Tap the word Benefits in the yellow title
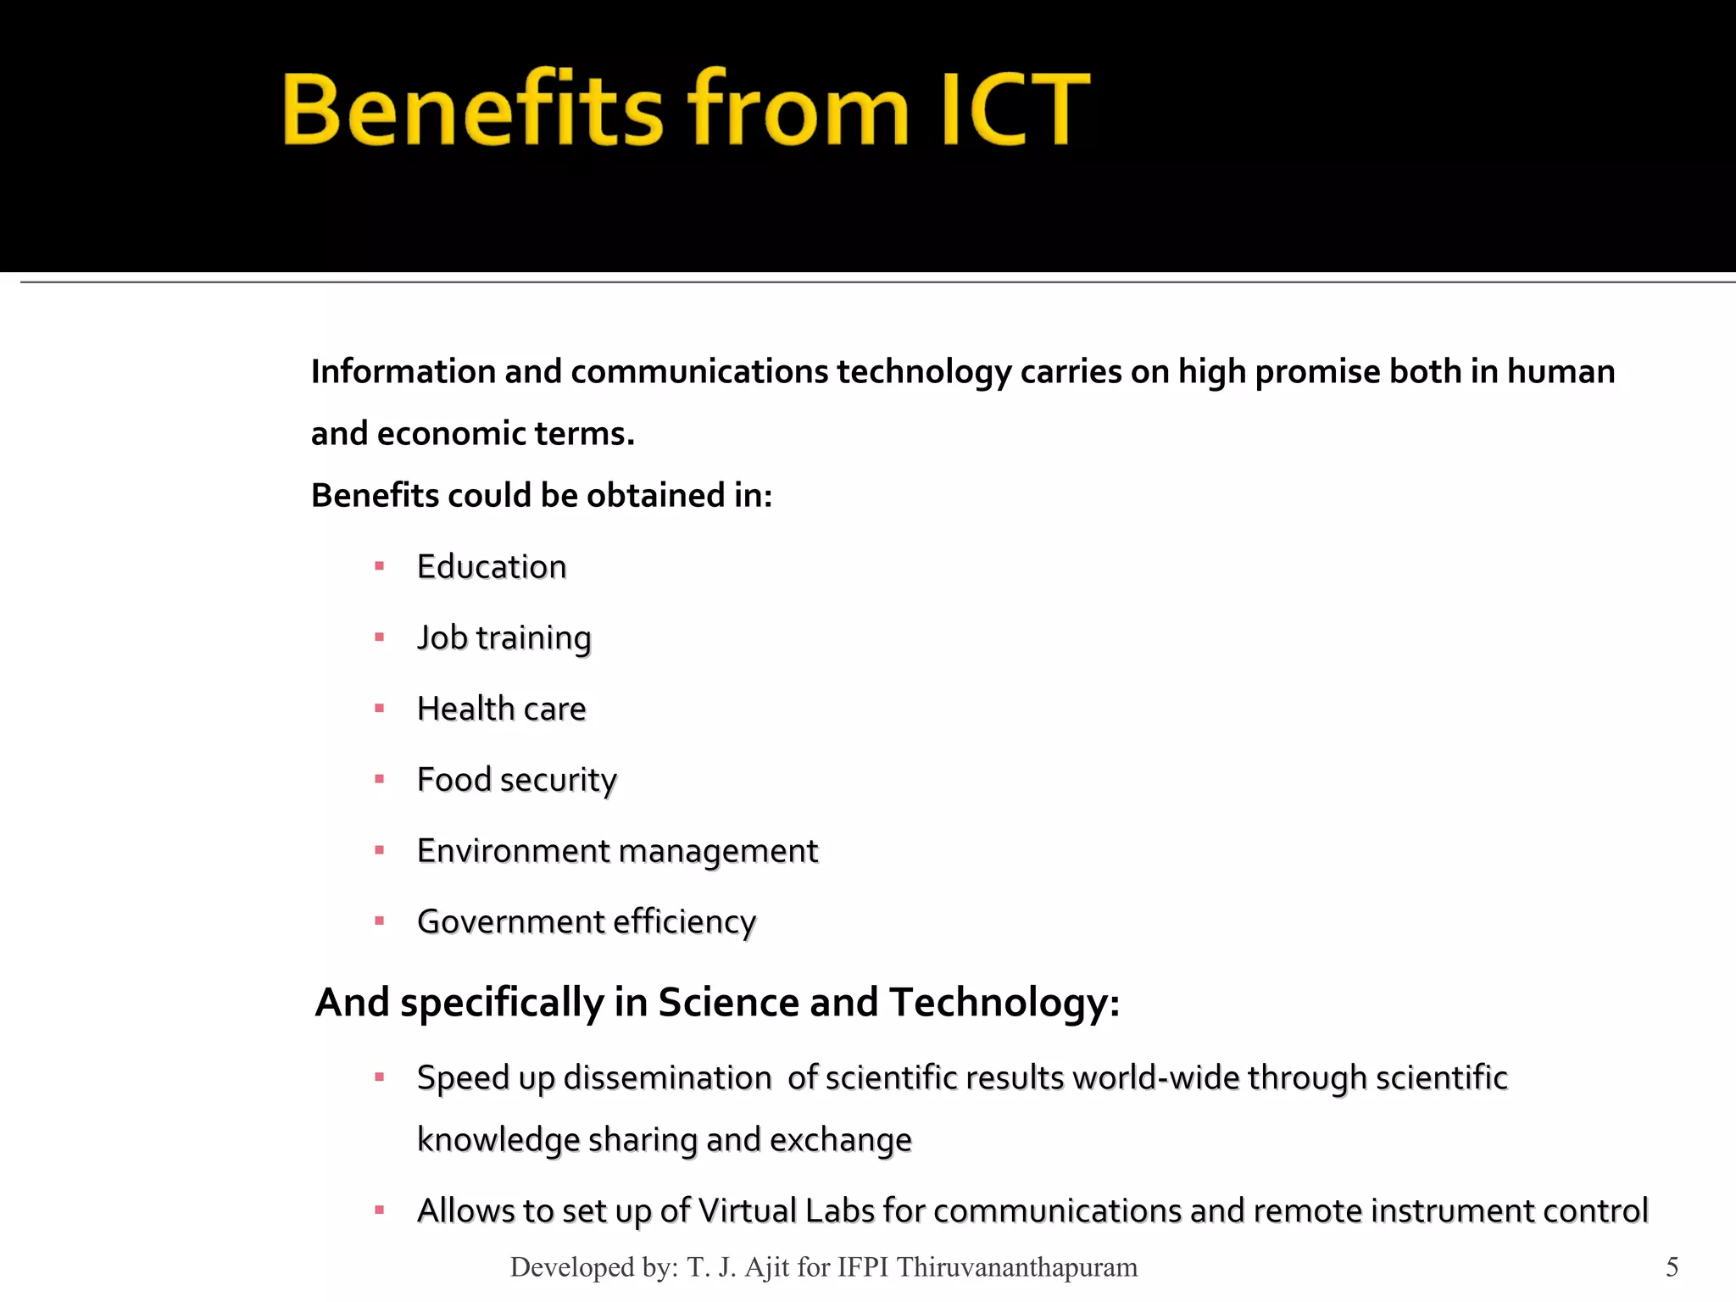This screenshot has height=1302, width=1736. click(x=471, y=110)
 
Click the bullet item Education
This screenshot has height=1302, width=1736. click(x=492, y=567)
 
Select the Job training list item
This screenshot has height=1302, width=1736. click(x=504, y=638)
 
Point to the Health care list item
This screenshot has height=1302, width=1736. click(x=501, y=709)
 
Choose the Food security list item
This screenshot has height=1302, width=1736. click(x=516, y=780)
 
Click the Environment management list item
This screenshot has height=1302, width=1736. click(x=617, y=851)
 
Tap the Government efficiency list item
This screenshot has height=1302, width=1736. click(x=586, y=922)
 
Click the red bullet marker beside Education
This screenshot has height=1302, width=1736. click(x=380, y=566)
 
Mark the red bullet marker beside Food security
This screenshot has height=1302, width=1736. click(x=380, y=779)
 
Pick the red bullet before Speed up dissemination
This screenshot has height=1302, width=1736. click(x=380, y=1077)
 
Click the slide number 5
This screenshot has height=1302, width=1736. click(x=1672, y=1267)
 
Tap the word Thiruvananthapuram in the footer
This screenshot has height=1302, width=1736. click(x=1016, y=1267)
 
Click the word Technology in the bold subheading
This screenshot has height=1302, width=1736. click(x=1004, y=1002)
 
